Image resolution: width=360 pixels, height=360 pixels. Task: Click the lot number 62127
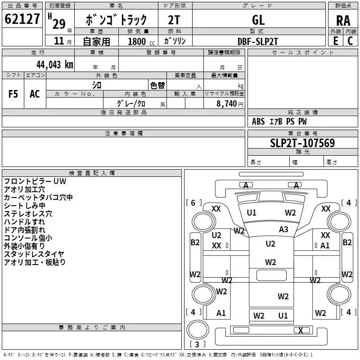coord(22,20)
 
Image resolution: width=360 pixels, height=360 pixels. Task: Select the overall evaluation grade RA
coord(343,20)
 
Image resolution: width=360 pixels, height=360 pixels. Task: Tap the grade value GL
coord(258,20)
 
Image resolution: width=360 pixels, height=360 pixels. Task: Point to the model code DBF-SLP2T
coord(258,41)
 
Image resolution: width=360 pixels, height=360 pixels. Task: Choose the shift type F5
coord(13,94)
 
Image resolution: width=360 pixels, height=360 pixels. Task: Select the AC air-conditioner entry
coord(35,94)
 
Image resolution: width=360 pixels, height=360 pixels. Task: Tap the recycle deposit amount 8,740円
coord(230,103)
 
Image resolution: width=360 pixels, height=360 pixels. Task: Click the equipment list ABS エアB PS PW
coord(279,121)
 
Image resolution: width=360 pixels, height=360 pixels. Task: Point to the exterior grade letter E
coord(335,41)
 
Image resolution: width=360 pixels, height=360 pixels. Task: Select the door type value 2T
coord(174,20)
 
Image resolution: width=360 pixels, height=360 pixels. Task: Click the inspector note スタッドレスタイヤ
coord(34,254)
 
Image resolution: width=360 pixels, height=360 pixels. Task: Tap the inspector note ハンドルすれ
coord(24,221)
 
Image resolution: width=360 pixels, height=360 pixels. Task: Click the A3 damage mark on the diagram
coord(283,229)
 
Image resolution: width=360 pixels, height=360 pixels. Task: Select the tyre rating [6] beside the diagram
coord(193,202)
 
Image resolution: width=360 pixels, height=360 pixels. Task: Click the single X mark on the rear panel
coord(300,330)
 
